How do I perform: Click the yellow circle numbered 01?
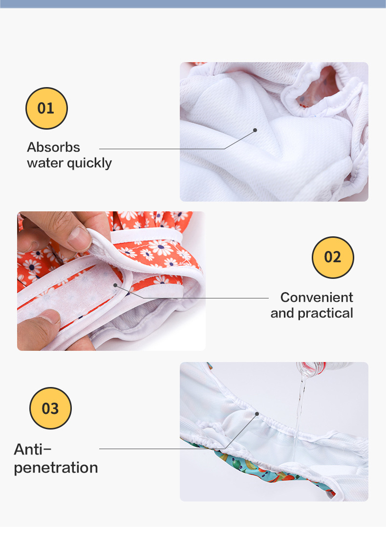(46, 108)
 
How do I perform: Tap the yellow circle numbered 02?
(333, 257)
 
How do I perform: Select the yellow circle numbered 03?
(50, 408)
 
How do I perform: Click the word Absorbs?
(54, 147)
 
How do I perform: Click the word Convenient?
(317, 297)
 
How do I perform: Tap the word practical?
(325, 314)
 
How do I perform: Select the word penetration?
(56, 468)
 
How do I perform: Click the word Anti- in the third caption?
(33, 450)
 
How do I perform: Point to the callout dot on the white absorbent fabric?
(255, 130)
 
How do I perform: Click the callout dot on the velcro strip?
(115, 285)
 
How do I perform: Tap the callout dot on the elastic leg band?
(257, 414)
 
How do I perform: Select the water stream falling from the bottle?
(299, 418)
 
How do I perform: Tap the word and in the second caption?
(282, 314)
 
